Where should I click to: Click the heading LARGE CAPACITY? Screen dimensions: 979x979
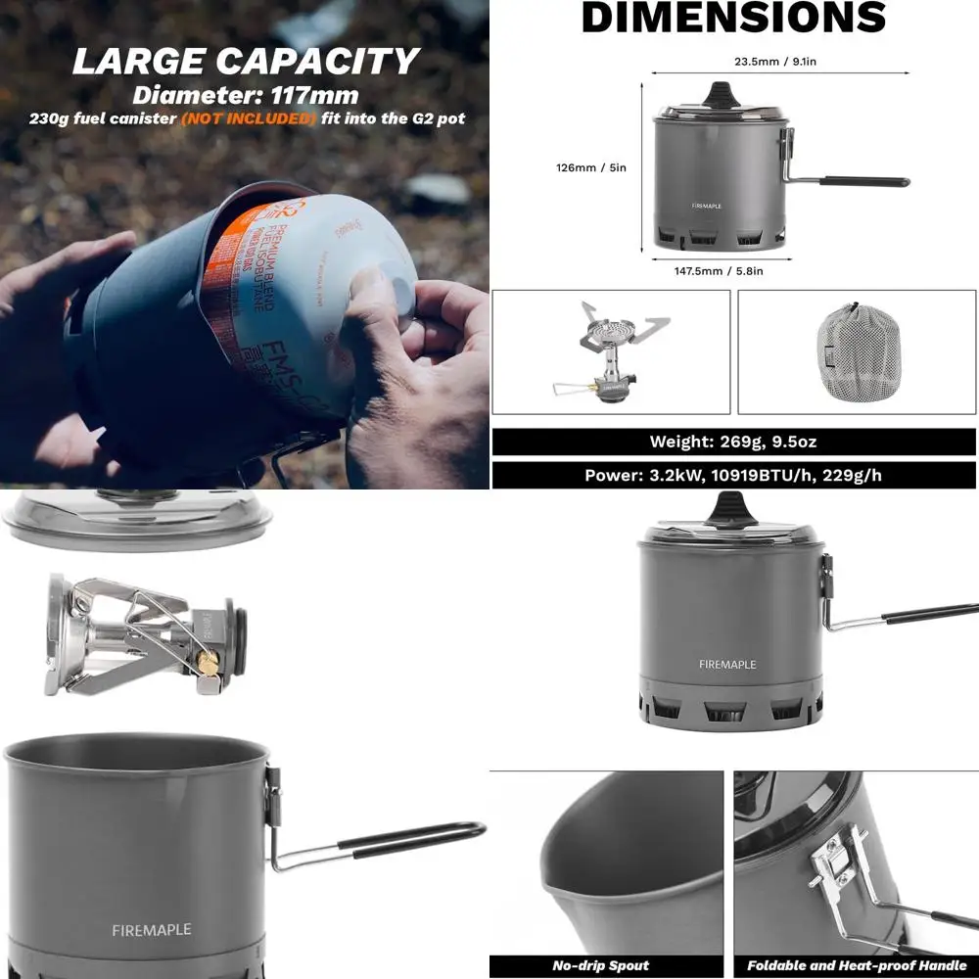point(245,61)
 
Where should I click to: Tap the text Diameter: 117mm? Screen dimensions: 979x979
point(245,96)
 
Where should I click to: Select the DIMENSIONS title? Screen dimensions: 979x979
point(733,18)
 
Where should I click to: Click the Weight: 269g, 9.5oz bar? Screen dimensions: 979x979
point(733,442)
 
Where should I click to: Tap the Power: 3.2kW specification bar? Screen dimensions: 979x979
point(733,475)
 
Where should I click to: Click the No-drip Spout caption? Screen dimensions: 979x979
point(600,965)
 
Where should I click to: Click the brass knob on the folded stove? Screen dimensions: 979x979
point(208,663)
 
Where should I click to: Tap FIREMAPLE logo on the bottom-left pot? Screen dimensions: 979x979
point(151,929)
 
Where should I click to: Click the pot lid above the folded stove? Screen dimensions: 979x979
point(137,519)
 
